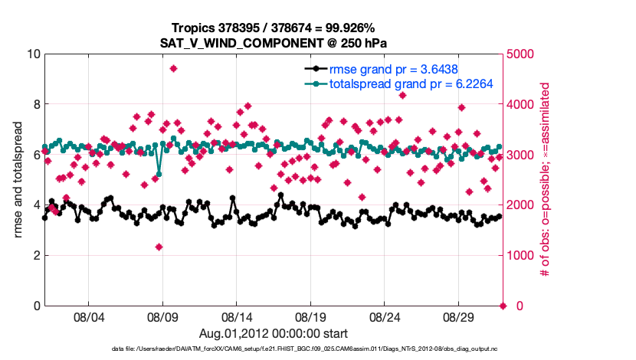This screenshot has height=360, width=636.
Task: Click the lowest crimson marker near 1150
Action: click(159, 247)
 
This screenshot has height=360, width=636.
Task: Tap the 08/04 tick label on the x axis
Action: click(88, 317)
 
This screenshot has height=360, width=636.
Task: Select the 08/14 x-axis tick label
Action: click(237, 317)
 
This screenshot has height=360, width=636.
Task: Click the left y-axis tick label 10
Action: click(33, 54)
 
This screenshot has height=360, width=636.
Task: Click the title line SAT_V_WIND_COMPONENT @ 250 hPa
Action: click(274, 44)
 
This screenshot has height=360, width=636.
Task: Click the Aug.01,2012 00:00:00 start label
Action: click(274, 333)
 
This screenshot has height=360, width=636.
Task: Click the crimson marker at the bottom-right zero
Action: click(503, 306)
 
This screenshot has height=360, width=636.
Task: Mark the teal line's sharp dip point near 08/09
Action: click(159, 174)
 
